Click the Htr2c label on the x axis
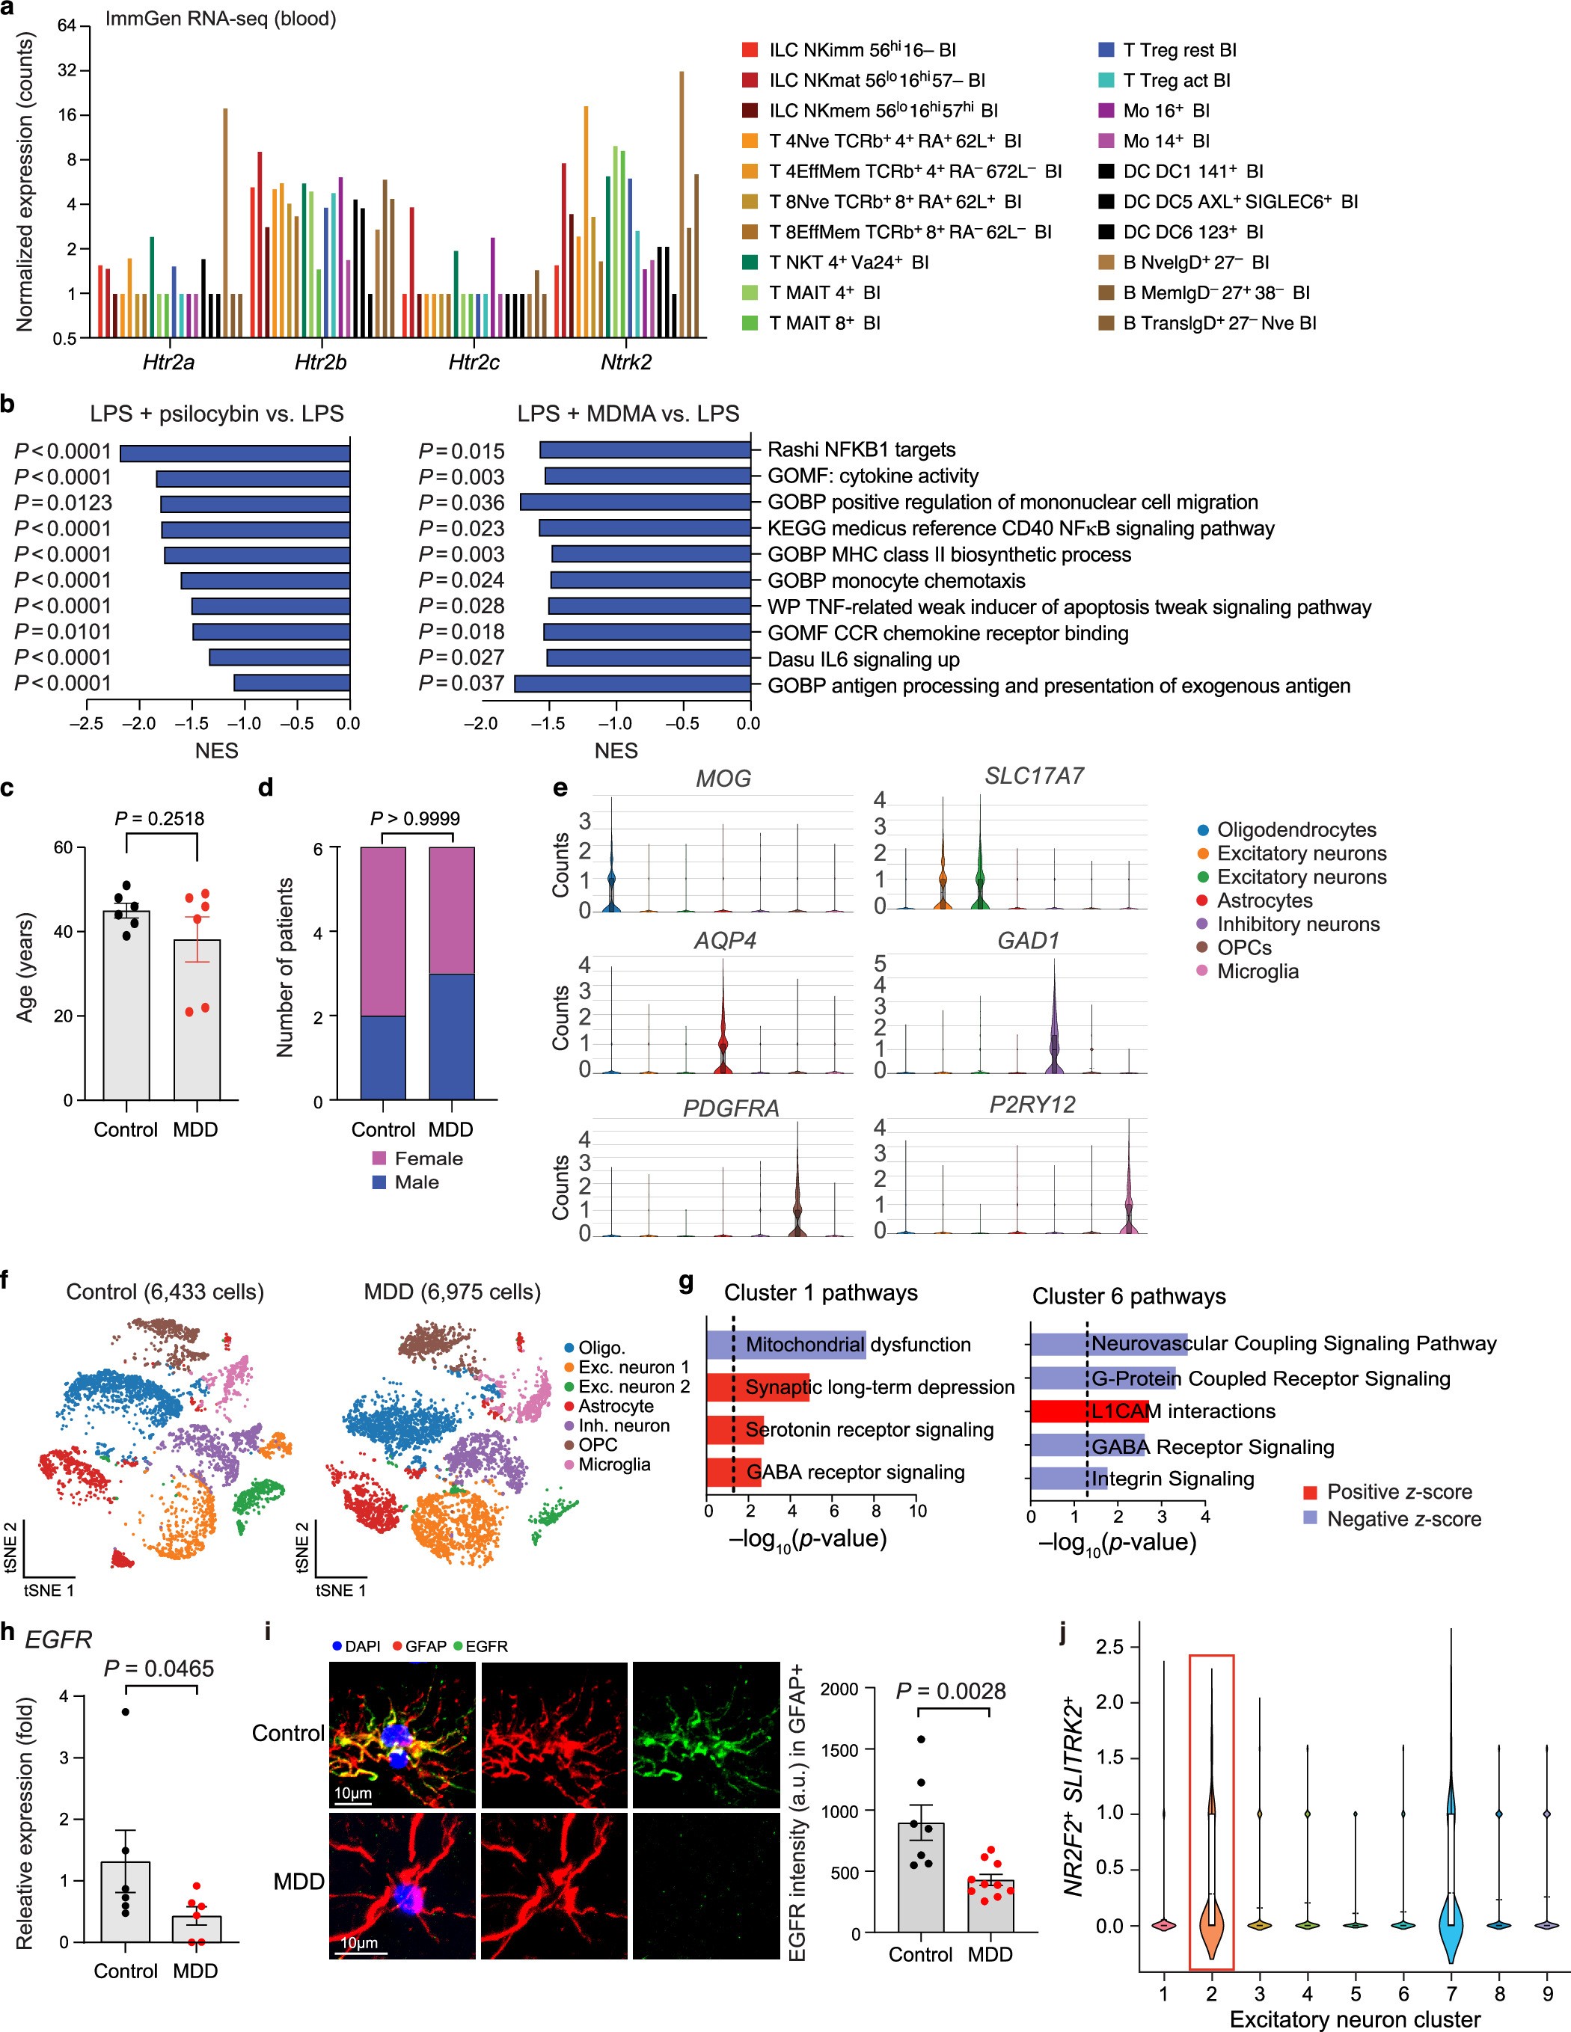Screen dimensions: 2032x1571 point(474,362)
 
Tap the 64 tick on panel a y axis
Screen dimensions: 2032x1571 point(66,25)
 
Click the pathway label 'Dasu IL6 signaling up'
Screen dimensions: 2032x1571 point(863,660)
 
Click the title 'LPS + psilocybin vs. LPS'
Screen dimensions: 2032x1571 point(217,414)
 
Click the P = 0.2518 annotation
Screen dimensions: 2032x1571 point(159,819)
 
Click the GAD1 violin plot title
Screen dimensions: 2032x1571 point(1029,941)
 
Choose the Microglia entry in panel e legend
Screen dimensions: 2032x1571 point(1257,972)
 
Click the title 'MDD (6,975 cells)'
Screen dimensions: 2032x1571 point(453,1292)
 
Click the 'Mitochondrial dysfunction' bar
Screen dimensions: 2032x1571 point(785,1345)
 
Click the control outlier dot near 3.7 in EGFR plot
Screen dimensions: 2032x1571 point(125,1712)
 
